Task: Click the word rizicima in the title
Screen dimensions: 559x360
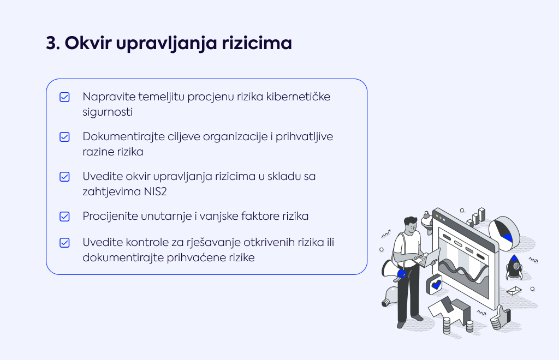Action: (x=257, y=43)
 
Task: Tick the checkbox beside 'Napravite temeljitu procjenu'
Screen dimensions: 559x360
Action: (x=64, y=97)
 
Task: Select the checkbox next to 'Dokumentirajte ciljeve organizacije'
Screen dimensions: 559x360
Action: (x=64, y=137)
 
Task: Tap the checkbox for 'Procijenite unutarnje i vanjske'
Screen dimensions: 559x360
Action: (x=64, y=217)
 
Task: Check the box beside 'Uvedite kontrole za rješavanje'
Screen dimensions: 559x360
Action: (x=64, y=243)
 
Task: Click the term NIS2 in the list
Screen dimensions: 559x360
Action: (x=156, y=192)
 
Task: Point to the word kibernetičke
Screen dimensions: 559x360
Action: (x=298, y=97)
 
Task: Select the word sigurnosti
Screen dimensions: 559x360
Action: (x=108, y=112)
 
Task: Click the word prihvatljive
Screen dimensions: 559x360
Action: (x=304, y=137)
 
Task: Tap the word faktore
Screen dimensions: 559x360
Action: (x=260, y=216)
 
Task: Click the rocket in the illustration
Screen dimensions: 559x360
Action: (x=514, y=267)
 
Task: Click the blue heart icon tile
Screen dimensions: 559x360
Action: (x=435, y=285)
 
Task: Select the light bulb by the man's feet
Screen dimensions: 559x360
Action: (x=390, y=296)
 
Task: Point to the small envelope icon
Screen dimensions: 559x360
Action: (x=514, y=291)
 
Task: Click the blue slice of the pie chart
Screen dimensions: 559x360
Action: (x=508, y=237)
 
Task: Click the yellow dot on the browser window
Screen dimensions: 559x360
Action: (x=437, y=216)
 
